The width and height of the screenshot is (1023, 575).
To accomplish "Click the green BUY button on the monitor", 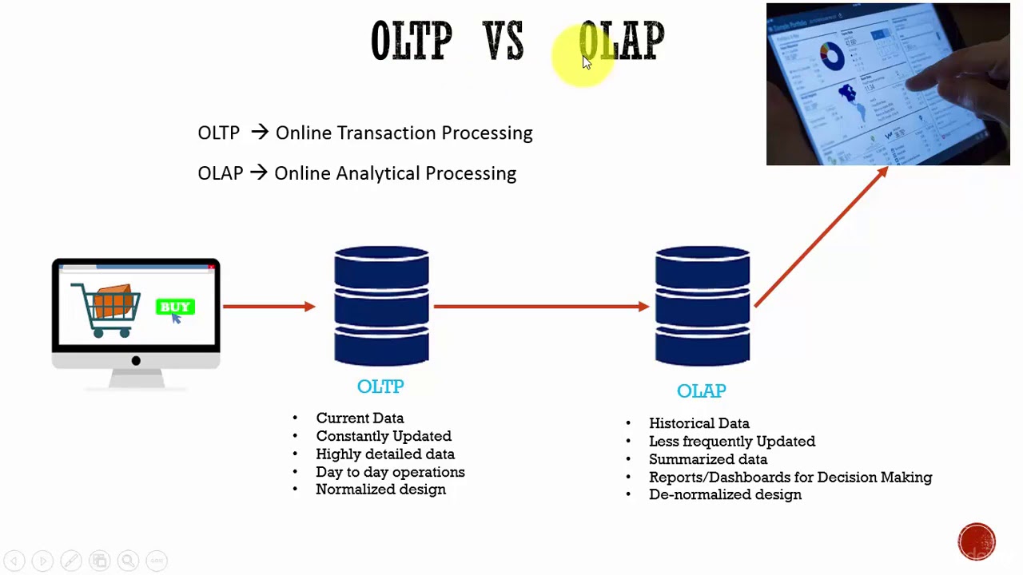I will click(x=175, y=307).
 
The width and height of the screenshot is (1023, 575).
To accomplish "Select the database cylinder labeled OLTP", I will click(x=381, y=306).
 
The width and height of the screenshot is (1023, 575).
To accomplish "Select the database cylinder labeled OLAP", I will click(x=702, y=306).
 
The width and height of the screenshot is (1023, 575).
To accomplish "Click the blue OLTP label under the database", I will click(x=380, y=387).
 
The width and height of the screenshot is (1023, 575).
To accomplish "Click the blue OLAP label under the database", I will click(x=701, y=391).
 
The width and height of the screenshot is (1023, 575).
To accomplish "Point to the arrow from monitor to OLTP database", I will click(x=269, y=306).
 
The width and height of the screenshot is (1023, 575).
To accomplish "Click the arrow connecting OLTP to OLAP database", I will click(x=540, y=306).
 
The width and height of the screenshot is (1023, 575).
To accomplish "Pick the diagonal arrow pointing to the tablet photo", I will click(x=820, y=238).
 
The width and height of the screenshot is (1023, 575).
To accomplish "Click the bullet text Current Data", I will click(x=360, y=418).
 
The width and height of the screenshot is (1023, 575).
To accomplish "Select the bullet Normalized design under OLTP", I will click(x=380, y=490).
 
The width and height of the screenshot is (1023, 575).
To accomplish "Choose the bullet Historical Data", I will click(x=699, y=423).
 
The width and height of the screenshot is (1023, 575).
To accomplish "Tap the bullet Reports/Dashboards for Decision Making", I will click(x=790, y=478).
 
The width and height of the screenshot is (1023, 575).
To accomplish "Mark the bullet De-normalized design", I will click(x=725, y=495).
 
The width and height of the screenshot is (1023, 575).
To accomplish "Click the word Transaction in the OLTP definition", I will click(x=387, y=133).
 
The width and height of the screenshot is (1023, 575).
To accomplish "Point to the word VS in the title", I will click(x=504, y=42).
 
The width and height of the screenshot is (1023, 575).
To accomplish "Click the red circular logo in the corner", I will click(x=976, y=541).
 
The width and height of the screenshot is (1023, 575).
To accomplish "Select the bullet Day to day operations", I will click(x=390, y=472).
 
